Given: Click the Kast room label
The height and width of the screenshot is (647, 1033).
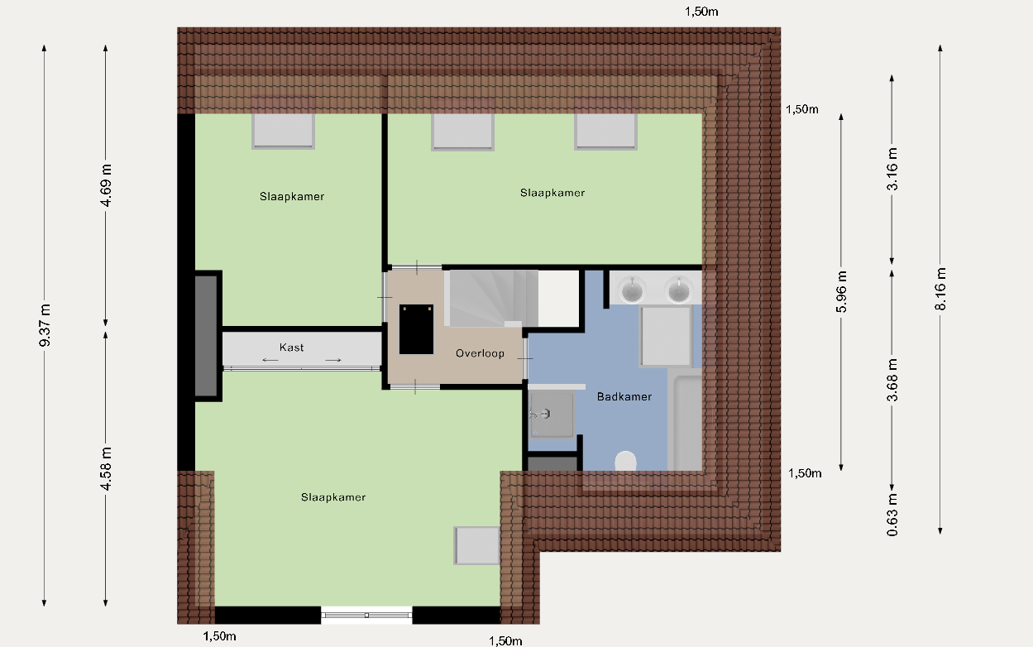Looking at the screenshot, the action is [x=291, y=347].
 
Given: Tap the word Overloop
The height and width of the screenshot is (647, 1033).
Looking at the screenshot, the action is [x=480, y=353].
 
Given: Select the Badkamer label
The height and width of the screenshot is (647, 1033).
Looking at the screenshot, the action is [x=624, y=397].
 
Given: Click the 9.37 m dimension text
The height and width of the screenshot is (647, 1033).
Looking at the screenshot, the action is [x=45, y=325].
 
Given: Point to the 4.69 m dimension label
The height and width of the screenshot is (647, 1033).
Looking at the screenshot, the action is [x=106, y=185].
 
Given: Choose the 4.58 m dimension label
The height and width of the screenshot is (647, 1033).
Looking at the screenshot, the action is [x=106, y=468].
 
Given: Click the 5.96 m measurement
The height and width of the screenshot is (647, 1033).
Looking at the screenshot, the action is [x=842, y=292].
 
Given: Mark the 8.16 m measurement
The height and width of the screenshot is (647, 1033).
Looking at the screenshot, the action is [x=940, y=289].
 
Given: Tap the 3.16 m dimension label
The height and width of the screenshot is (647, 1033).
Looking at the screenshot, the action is [x=892, y=169].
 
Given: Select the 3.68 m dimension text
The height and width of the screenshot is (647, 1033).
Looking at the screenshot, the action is [x=892, y=380].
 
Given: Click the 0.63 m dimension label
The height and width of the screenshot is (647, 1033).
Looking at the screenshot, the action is [x=892, y=515].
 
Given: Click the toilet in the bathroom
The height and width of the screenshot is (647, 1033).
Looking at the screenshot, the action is [x=626, y=461].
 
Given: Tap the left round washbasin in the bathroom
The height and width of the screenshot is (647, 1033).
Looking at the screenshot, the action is [x=632, y=290].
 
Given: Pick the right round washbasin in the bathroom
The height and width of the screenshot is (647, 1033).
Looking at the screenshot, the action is [x=678, y=290].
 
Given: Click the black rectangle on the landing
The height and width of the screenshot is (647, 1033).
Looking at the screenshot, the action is [x=417, y=329].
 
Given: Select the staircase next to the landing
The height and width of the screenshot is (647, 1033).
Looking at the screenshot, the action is [x=491, y=299].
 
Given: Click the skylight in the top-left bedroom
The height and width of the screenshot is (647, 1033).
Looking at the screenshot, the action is [x=283, y=132].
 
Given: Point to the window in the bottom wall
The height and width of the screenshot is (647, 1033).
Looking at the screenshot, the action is [x=366, y=616].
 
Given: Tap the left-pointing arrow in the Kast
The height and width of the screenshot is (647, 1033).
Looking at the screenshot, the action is [x=270, y=361].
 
